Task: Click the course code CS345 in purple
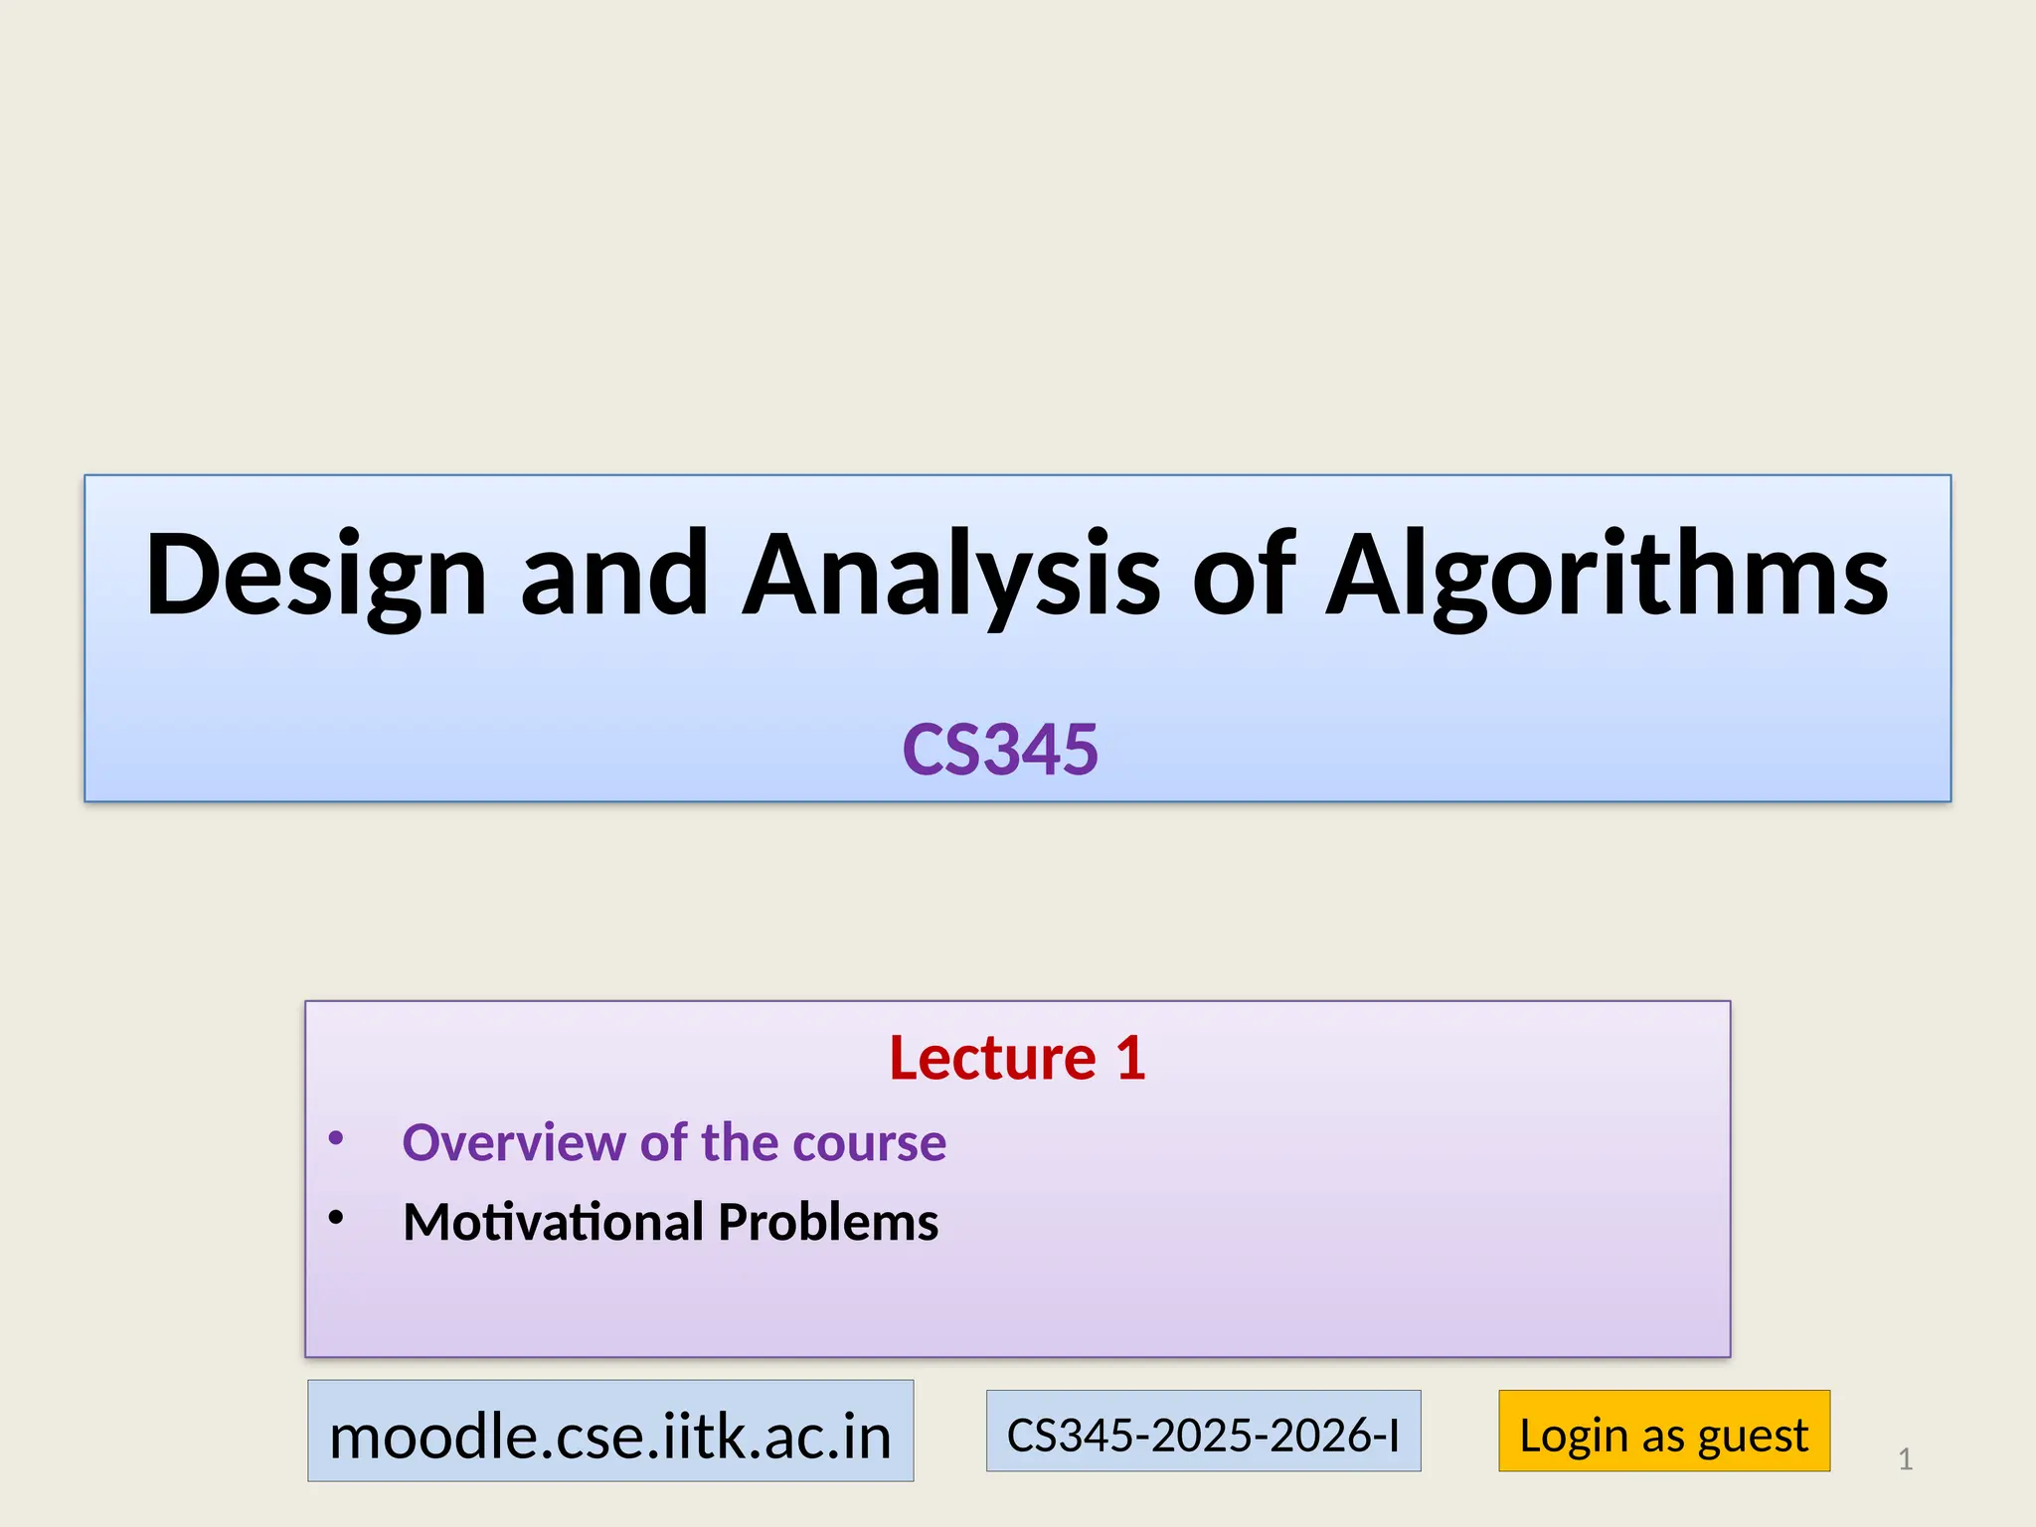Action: [x=1000, y=750]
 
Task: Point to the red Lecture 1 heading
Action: [x=1017, y=1057]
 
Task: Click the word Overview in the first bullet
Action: [x=513, y=1142]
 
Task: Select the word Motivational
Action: [x=553, y=1222]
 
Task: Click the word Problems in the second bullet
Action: [x=827, y=1222]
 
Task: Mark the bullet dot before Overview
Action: [x=336, y=1138]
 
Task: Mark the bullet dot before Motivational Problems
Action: [x=336, y=1217]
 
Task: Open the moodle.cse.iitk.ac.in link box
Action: [x=610, y=1432]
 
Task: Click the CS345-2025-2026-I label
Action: [x=1203, y=1432]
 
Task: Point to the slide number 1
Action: [x=1905, y=1459]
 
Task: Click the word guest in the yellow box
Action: [x=1753, y=1436]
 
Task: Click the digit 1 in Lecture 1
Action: [x=1130, y=1057]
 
